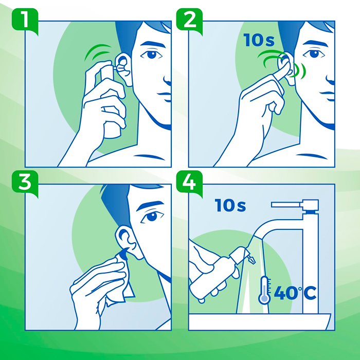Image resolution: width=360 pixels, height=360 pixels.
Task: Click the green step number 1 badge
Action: tap(25, 21)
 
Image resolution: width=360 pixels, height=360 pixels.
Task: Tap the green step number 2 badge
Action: tap(189, 21)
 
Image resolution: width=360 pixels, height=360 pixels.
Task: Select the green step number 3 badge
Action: tap(25, 183)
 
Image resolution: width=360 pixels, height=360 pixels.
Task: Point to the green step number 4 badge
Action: tap(189, 183)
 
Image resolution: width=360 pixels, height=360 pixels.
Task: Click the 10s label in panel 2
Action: tap(259, 40)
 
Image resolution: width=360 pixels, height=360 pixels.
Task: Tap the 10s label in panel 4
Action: tap(230, 205)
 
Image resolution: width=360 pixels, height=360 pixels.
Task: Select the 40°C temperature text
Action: tap(295, 293)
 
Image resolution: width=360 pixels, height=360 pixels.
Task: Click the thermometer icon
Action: tap(265, 290)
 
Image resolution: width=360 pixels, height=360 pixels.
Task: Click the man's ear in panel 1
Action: tap(124, 69)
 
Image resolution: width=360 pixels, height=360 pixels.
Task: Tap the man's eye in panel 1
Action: tap(151, 55)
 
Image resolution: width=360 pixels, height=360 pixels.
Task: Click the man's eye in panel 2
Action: tap(314, 53)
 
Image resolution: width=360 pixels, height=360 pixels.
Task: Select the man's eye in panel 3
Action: tap(152, 217)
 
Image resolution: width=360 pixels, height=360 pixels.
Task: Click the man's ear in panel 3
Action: tap(128, 242)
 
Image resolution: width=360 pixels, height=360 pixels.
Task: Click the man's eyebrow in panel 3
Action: tap(150, 205)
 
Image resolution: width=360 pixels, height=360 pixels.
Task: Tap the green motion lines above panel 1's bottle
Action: tap(98, 52)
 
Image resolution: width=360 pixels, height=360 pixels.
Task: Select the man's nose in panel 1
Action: tap(168, 79)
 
